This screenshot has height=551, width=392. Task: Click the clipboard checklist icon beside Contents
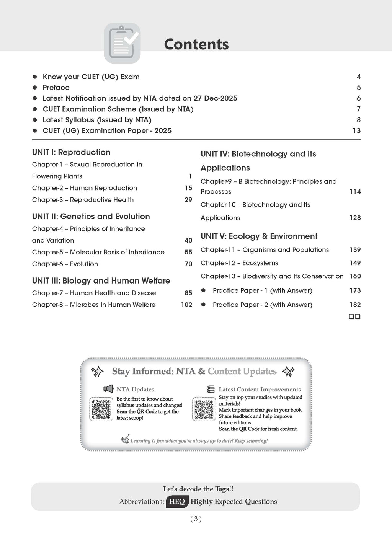point(122,43)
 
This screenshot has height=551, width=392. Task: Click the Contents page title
point(196,44)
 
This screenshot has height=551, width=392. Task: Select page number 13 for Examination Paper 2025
point(356,131)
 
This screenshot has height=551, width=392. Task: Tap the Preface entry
point(56,88)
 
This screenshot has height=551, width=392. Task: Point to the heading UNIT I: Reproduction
point(71,152)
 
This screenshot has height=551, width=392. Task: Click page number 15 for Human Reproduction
point(188,188)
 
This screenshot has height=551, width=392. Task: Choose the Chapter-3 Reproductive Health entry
point(83,200)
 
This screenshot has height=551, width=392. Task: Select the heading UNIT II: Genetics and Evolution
point(91,217)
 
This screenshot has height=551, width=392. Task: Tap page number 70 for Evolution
point(188,264)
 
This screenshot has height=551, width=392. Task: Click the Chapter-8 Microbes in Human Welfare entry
point(94,305)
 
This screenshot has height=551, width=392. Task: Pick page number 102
point(186,305)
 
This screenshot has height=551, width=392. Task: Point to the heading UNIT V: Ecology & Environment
point(259,236)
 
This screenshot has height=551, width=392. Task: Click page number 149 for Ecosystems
point(355,263)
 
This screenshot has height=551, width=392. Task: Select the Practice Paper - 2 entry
point(262,305)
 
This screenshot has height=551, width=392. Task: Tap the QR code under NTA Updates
point(101,409)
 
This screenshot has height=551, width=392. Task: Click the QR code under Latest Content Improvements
point(204,409)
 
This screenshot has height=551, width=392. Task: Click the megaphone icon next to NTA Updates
point(108,389)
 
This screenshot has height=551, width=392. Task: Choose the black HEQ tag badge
point(177,502)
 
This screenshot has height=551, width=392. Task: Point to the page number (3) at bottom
point(196,519)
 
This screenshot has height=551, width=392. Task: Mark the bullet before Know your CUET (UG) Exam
point(35,77)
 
